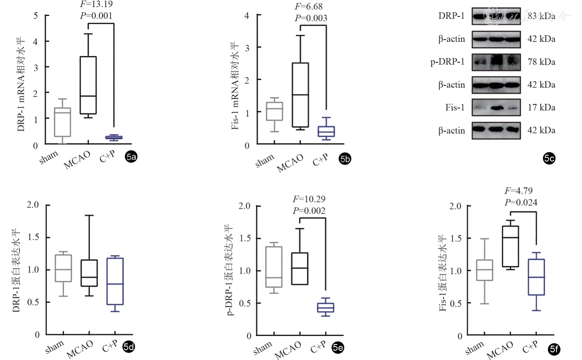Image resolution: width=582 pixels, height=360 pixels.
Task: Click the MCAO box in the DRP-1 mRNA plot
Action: pos(88,85)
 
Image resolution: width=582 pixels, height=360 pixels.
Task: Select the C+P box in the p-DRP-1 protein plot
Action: pos(326,307)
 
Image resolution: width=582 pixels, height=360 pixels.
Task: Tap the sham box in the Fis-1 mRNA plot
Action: pos(275,111)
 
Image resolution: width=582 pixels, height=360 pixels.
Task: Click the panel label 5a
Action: pos(131,157)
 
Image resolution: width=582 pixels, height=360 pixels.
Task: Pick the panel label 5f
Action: pos(554,349)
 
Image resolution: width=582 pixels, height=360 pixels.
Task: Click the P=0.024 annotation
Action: pos(521,203)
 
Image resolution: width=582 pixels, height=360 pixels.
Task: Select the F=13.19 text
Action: pos(96,4)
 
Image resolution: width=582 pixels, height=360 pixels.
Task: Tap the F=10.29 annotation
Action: pos(309,199)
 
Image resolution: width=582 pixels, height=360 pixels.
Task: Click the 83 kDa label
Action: pos(541,16)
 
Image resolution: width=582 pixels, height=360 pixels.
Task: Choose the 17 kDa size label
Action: pos(541,108)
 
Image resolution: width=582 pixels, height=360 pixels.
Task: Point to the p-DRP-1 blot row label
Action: pos(447,62)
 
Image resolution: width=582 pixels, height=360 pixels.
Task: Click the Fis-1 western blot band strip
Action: pos(496,108)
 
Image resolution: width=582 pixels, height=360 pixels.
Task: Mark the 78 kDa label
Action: pos(541,62)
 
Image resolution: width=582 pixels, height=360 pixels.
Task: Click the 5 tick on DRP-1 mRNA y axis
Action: pos(36,15)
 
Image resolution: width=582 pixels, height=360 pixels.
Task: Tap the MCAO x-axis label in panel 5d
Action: pos(80,350)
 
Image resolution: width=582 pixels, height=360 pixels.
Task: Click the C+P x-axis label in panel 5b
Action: pos(320,160)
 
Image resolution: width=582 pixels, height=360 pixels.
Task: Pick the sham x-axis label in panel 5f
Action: pos(474,348)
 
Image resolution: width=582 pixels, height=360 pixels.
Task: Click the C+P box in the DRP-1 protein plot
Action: pos(115,281)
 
